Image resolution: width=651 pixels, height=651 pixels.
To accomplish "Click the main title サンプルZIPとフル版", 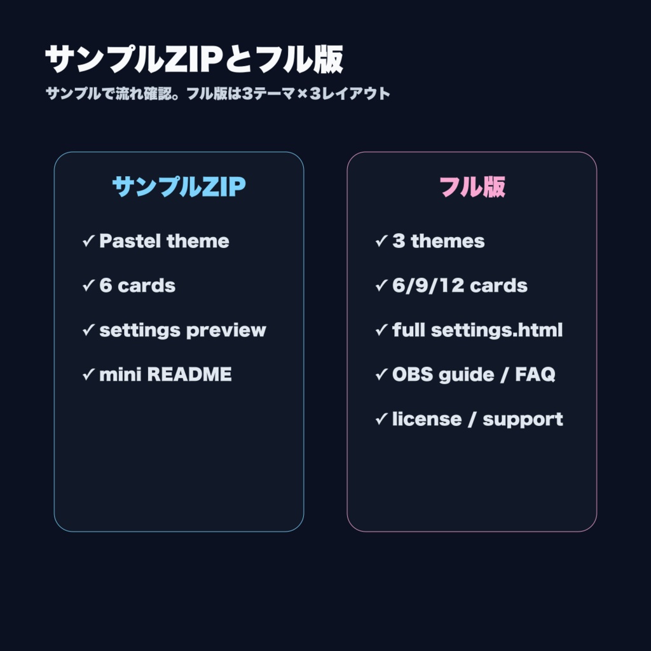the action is pos(195,59).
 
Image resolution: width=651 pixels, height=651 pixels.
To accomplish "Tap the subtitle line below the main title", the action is pos(218,93).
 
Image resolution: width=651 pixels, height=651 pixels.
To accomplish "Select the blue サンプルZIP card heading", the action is pos(179,186).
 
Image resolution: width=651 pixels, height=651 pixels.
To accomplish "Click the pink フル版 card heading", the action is pos(472,186).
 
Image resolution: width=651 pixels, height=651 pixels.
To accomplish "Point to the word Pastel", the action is pos(130,241).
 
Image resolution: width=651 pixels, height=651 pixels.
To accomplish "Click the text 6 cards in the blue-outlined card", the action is pos(137,285).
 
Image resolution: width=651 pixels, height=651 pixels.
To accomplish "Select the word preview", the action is pos(226,331).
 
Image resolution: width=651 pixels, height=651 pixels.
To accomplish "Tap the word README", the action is pos(189,374).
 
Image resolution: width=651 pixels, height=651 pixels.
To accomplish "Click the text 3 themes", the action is pos(439,241).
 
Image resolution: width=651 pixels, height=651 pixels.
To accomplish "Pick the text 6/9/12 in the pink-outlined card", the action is pos(428,285).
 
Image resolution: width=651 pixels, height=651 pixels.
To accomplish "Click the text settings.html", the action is pos(497,331).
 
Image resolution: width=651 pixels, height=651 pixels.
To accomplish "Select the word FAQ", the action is pos(535,374).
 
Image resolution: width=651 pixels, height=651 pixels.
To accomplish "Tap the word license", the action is pos(427,419).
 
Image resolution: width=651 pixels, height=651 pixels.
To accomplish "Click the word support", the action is pos(523,420).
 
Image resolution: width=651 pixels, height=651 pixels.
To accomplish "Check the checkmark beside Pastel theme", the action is pos(88,241).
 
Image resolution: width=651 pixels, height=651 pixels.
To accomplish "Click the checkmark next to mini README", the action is pos(88,374).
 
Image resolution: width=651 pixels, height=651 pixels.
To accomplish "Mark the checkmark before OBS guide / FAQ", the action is pos(381,374).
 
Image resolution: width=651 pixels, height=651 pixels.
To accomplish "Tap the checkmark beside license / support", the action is pos(381,419).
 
